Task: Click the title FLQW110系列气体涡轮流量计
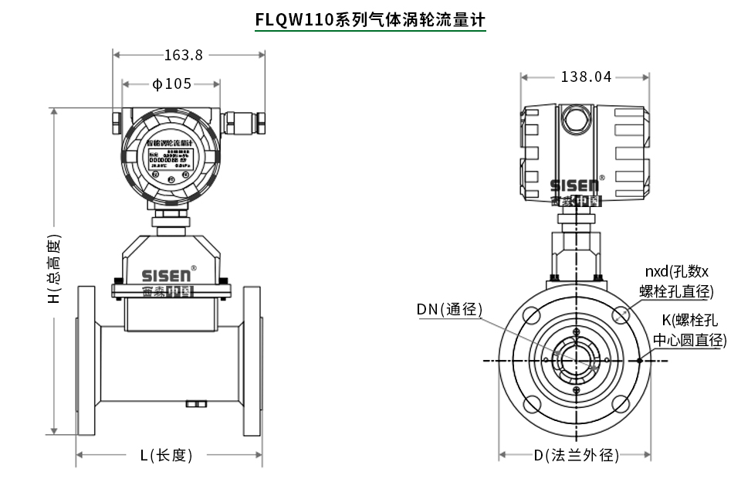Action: pos(370,19)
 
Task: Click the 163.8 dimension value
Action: pos(183,55)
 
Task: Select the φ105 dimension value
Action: pos(171,84)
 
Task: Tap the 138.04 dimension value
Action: pos(586,76)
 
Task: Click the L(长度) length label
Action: pos(166,455)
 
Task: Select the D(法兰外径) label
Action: pos(577,455)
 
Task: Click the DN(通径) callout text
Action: pos(449,310)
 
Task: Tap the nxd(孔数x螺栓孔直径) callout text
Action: pos(676,281)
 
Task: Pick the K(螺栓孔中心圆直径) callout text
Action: pos(689,330)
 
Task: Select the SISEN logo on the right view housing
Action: pos(574,186)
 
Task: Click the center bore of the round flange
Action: pos(576,360)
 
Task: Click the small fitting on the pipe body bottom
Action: pos(196,403)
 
